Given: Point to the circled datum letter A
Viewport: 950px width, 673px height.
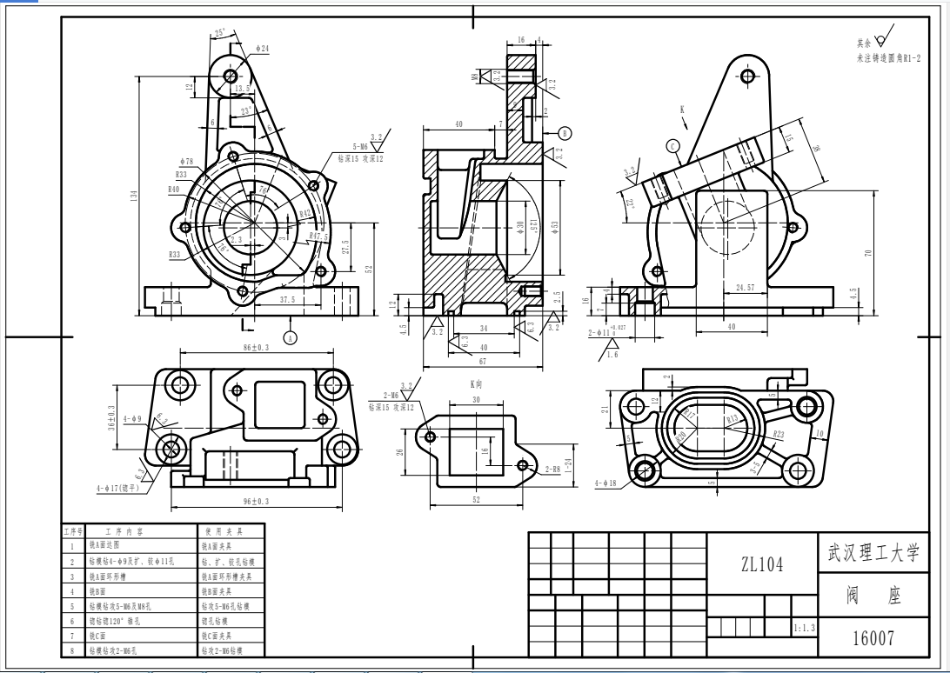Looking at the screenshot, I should (291, 336).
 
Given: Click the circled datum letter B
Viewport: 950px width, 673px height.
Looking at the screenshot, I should (565, 133).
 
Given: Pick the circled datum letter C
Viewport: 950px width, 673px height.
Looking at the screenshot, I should (673, 145).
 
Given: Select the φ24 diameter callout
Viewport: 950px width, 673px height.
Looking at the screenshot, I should (263, 49).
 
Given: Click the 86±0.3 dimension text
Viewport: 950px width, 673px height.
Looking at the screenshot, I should (255, 347).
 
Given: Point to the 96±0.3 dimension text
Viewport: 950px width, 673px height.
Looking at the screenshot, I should (257, 502).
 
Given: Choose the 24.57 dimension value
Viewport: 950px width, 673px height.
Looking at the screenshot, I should (746, 286).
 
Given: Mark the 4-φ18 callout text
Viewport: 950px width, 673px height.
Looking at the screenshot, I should (606, 483).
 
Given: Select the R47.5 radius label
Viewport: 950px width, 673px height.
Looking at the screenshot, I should (319, 234).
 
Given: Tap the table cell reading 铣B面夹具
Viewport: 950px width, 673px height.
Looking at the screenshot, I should (218, 590).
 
